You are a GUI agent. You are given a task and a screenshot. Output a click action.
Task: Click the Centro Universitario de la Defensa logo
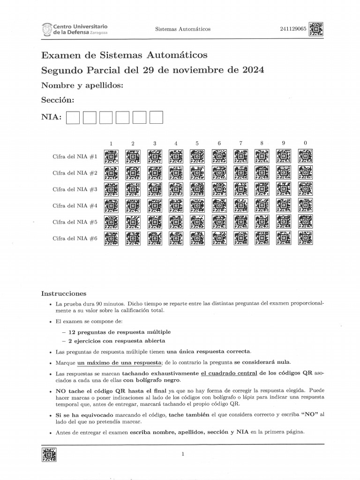point(75,30)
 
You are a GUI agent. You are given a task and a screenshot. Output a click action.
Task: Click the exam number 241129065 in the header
point(293,29)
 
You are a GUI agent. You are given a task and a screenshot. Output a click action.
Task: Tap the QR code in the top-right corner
point(316,30)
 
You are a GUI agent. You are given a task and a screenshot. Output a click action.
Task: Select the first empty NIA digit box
point(73,117)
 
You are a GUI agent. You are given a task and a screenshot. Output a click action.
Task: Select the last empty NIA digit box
point(156,117)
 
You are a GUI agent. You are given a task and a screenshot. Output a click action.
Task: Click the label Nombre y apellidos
point(82,85)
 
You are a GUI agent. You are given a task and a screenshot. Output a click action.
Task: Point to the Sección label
point(58,100)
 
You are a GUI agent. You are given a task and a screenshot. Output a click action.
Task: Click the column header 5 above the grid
point(197,143)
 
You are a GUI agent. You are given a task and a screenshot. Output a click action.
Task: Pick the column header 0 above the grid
point(305,142)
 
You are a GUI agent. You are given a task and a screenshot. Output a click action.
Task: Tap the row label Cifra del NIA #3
point(75,189)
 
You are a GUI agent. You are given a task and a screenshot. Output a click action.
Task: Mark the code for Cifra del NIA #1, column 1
point(111,157)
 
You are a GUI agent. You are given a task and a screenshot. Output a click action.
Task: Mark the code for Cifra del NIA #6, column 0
point(305,238)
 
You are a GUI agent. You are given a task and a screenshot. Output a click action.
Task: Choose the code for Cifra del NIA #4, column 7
point(240,206)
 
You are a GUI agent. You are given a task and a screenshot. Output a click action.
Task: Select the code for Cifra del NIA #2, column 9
point(284,173)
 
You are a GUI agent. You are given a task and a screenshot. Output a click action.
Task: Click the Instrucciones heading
point(64,293)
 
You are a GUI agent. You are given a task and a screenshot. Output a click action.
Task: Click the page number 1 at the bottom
point(183,454)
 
